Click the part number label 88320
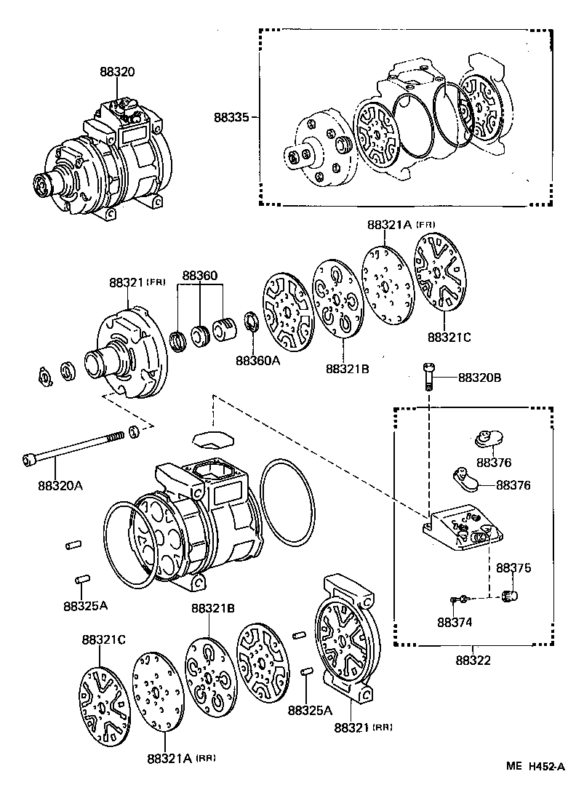117,72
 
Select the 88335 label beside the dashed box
231,116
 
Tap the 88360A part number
257,360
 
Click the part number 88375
513,567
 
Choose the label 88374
455,622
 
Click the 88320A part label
60,485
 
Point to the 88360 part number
199,276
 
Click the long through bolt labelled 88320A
73,449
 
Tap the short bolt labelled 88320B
428,378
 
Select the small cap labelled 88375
510,597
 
